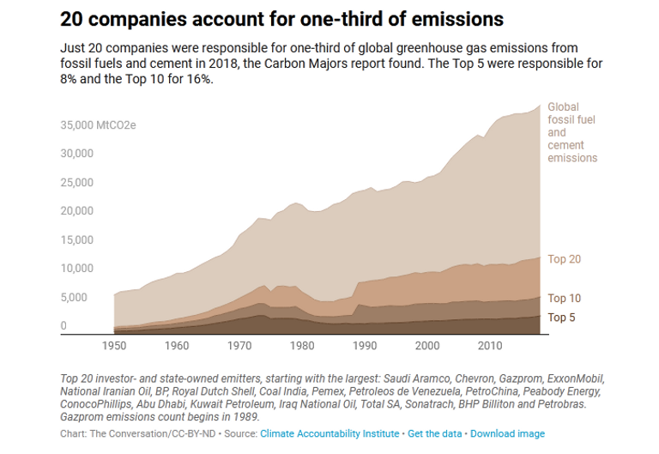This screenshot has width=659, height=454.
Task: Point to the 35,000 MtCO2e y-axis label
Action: (x=98, y=125)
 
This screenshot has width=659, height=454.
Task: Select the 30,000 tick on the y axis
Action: (x=76, y=154)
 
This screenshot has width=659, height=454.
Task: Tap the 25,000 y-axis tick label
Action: (x=76, y=183)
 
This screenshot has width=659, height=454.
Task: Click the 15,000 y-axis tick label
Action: (x=76, y=240)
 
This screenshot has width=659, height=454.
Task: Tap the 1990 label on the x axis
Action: (x=366, y=345)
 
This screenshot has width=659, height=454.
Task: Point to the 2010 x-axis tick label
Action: (x=490, y=345)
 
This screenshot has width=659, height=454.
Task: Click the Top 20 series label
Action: (x=564, y=259)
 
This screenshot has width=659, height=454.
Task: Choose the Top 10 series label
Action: (x=564, y=299)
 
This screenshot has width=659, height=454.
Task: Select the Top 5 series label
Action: (x=561, y=318)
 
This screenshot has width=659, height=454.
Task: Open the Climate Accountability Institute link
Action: (x=329, y=433)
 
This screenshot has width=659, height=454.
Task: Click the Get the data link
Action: (x=435, y=433)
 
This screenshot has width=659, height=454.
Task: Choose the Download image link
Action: (x=507, y=433)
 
